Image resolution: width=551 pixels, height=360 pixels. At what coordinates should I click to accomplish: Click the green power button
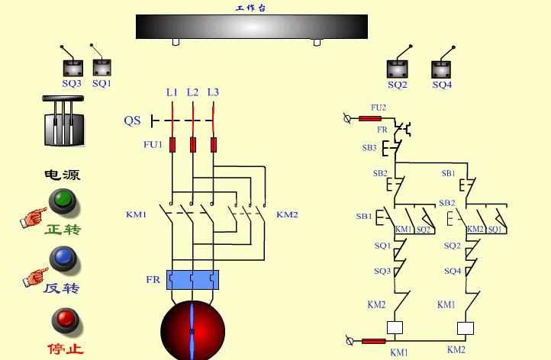click(x=63, y=201)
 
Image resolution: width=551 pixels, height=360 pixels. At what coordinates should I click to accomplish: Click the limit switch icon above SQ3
click(x=71, y=66)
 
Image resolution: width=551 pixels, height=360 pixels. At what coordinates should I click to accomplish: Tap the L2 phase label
click(x=192, y=92)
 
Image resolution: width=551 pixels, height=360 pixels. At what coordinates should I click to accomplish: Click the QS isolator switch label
click(x=132, y=121)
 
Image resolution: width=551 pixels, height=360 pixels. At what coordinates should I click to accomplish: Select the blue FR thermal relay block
click(x=192, y=280)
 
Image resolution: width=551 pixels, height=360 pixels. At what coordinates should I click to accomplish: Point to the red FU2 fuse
click(x=369, y=118)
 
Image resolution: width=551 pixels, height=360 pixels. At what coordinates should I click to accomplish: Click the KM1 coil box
click(x=395, y=329)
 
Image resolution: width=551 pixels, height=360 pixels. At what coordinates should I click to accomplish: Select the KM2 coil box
click(x=466, y=329)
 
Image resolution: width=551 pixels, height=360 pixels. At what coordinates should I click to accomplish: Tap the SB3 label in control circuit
click(x=369, y=147)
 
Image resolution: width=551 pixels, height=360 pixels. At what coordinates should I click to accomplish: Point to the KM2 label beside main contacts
click(x=287, y=214)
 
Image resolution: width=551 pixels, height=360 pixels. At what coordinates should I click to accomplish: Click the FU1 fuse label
click(x=153, y=143)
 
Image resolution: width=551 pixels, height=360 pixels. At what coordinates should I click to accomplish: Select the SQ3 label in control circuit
click(x=382, y=271)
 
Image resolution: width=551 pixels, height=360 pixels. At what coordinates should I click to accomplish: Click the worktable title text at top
click(x=251, y=8)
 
